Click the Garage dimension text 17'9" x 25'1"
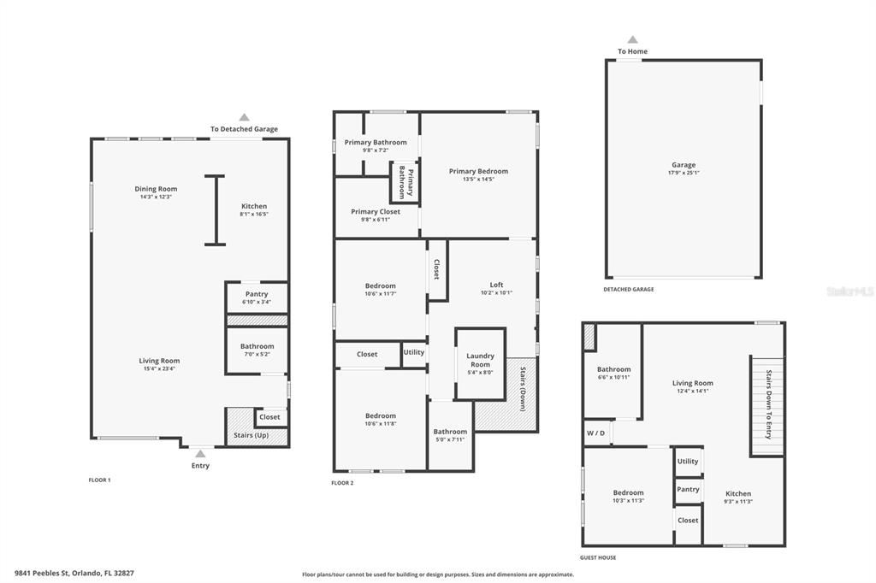click(x=684, y=174)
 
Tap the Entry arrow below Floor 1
click(x=200, y=453)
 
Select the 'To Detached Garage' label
click(x=244, y=129)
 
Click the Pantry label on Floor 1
click(x=257, y=294)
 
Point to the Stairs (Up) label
click(x=252, y=435)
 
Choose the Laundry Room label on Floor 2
click(x=481, y=360)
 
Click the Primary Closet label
click(x=376, y=212)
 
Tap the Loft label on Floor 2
click(x=496, y=285)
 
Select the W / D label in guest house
click(x=595, y=433)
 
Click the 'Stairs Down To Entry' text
click(x=769, y=404)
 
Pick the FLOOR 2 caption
click(x=342, y=483)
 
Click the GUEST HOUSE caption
click(x=598, y=557)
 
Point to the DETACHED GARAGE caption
click(x=629, y=289)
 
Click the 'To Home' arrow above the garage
click(x=632, y=39)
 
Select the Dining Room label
click(x=156, y=189)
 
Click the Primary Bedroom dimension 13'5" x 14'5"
click(x=479, y=180)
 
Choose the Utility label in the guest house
click(x=688, y=462)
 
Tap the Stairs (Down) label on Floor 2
click(x=523, y=389)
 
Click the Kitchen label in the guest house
click(x=738, y=493)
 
